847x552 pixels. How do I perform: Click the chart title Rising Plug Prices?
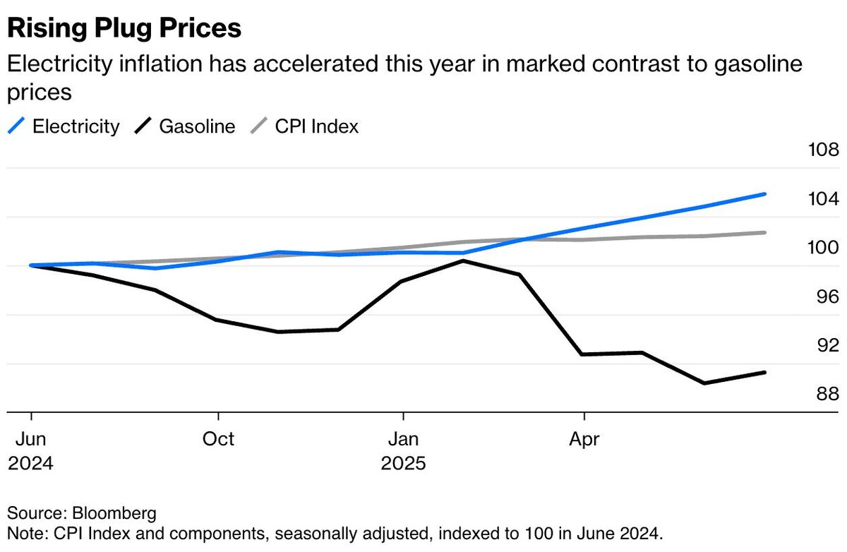(124, 28)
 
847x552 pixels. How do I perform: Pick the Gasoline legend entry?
(197, 126)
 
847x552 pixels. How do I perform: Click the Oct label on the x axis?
(218, 439)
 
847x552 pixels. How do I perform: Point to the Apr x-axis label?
(584, 439)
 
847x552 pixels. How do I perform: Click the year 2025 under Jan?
(404, 464)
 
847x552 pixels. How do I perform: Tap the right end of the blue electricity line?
(765, 194)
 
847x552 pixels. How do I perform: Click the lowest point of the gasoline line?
(704, 383)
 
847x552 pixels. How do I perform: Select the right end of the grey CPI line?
(765, 232)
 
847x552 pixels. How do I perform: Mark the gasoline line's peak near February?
(464, 261)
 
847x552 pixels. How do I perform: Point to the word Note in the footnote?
(23, 531)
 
